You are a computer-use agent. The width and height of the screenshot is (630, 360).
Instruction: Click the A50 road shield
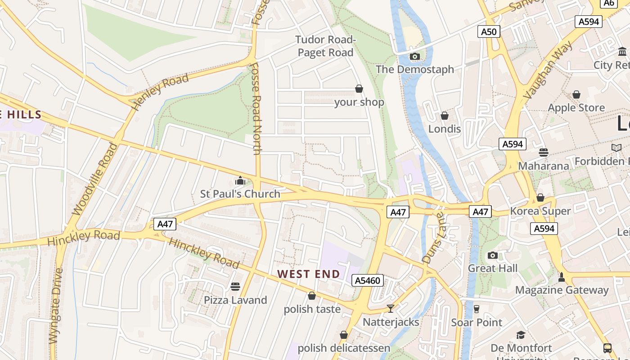point(489,31)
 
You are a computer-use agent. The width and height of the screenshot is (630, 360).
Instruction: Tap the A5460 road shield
point(368,281)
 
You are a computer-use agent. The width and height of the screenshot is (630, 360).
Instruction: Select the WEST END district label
point(308,274)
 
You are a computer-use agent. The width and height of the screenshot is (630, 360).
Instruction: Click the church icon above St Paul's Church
point(240,181)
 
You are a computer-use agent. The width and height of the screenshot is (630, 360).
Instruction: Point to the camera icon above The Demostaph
point(414,56)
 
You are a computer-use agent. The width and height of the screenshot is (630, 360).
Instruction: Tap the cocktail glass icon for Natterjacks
point(391,309)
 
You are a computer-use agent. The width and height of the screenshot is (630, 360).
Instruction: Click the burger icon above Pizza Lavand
point(235,287)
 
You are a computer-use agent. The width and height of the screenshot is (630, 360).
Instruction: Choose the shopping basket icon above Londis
point(445,116)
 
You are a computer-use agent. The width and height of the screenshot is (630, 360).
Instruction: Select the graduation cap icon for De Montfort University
point(521,335)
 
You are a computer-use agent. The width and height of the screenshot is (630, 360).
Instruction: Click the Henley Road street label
point(160,92)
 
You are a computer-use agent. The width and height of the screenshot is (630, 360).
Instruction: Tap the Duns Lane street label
point(433,238)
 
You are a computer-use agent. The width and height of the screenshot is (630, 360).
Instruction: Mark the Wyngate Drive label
point(56,306)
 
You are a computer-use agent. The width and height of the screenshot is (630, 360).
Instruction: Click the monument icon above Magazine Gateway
point(561,277)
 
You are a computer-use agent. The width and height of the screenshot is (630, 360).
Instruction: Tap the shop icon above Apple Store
point(576,94)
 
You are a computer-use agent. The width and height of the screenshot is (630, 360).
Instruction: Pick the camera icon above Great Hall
point(493,255)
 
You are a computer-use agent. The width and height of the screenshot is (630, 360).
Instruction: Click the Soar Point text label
point(477,323)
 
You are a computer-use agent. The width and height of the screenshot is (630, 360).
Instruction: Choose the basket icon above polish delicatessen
point(344,335)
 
